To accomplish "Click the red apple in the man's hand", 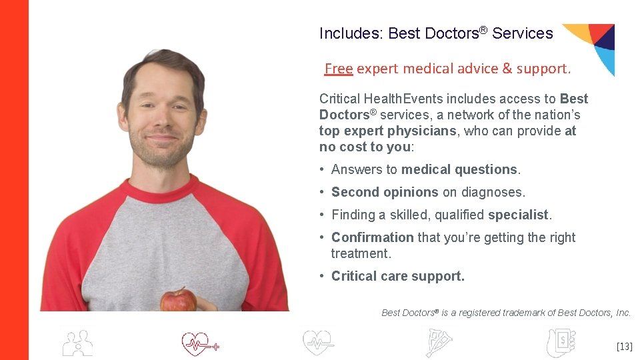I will pyautogui.click(x=178, y=300).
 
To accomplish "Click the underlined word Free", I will pyautogui.click(x=338, y=68).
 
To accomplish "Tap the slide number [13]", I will pyautogui.click(x=624, y=346).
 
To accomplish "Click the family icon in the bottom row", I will pyautogui.click(x=77, y=343).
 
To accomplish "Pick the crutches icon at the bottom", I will pyautogui.click(x=439, y=343).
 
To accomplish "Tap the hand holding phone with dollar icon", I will pyautogui.click(x=560, y=343).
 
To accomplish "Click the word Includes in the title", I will pyautogui.click(x=349, y=33).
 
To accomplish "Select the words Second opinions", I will pyautogui.click(x=385, y=192).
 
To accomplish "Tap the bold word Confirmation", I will pyautogui.click(x=372, y=237).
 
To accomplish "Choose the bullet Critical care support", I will pyautogui.click(x=397, y=276).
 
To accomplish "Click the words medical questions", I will pyautogui.click(x=459, y=169).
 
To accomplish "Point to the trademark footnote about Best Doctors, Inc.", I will pyautogui.click(x=505, y=312).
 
